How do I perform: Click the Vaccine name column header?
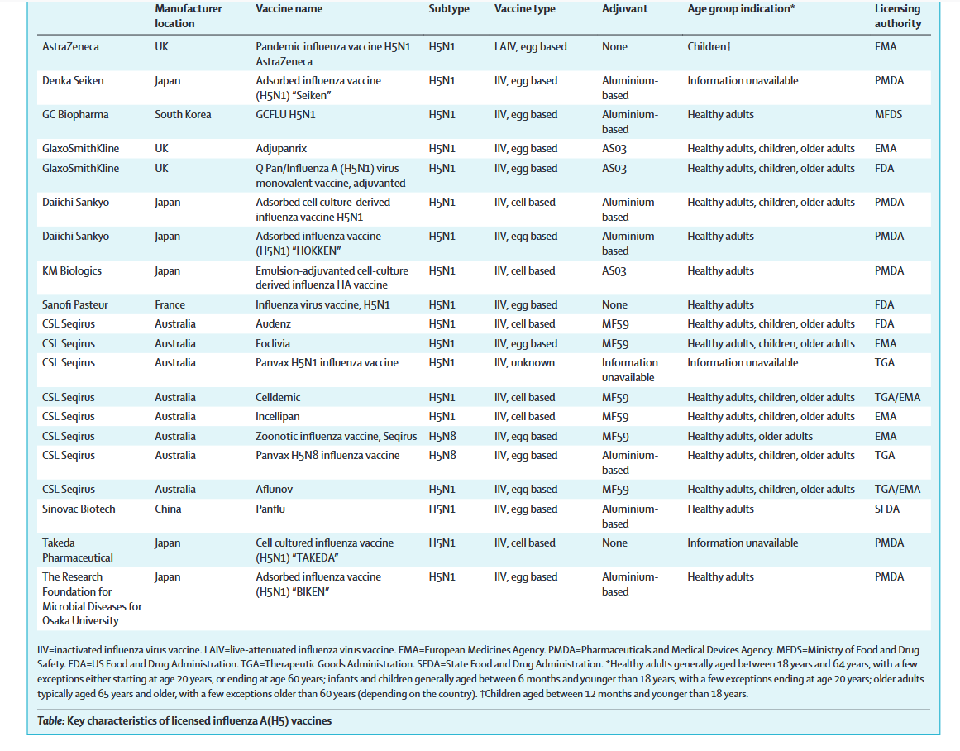tap(289, 9)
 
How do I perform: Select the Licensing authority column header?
tap(897, 17)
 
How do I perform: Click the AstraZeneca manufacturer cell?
tap(70, 47)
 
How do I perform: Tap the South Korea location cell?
tap(183, 115)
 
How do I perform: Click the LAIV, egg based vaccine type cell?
tap(531, 47)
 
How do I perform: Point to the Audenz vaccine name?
tap(274, 324)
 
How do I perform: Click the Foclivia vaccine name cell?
tap(275, 344)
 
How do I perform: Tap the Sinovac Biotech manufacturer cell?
tap(79, 509)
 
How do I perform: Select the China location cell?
tap(168, 509)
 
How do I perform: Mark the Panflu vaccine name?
tap(271, 509)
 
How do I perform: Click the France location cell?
tap(170, 305)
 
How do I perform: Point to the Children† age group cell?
tap(709, 47)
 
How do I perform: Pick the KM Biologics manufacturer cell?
tap(72, 271)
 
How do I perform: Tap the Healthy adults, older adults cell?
tap(750, 437)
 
